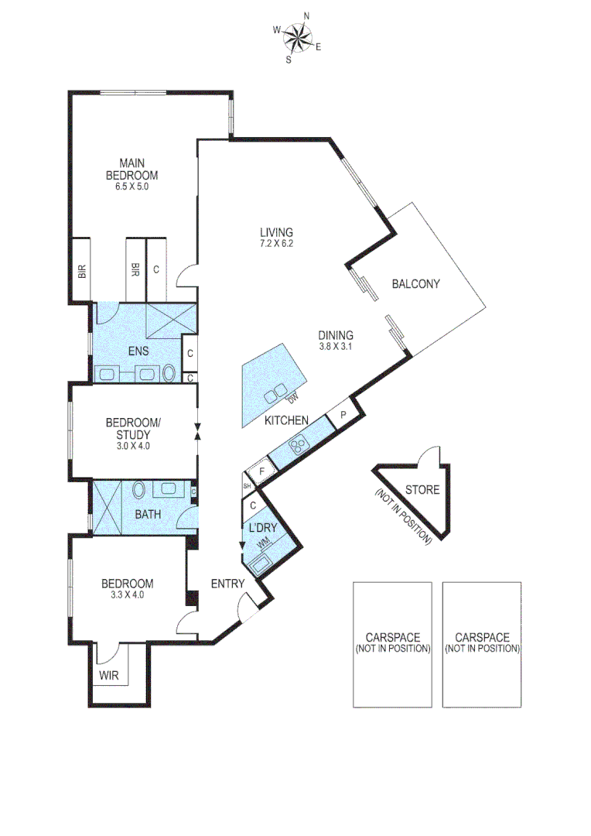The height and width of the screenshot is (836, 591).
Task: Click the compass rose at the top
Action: pos(296,36)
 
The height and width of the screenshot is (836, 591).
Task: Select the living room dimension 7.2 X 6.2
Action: pos(276,242)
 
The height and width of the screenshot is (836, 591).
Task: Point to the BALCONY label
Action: pos(415,284)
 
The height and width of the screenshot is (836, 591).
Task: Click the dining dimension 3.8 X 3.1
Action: pos(335,346)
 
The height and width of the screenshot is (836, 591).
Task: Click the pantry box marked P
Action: pos(341,416)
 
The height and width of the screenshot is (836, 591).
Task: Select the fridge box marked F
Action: pos(261,470)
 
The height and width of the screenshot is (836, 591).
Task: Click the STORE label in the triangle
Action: pos(422,489)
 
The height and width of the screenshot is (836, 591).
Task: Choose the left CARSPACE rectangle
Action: pos(392,644)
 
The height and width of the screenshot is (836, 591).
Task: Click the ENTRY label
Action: pos(228,584)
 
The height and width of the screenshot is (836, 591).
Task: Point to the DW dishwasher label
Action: pos(292,399)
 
